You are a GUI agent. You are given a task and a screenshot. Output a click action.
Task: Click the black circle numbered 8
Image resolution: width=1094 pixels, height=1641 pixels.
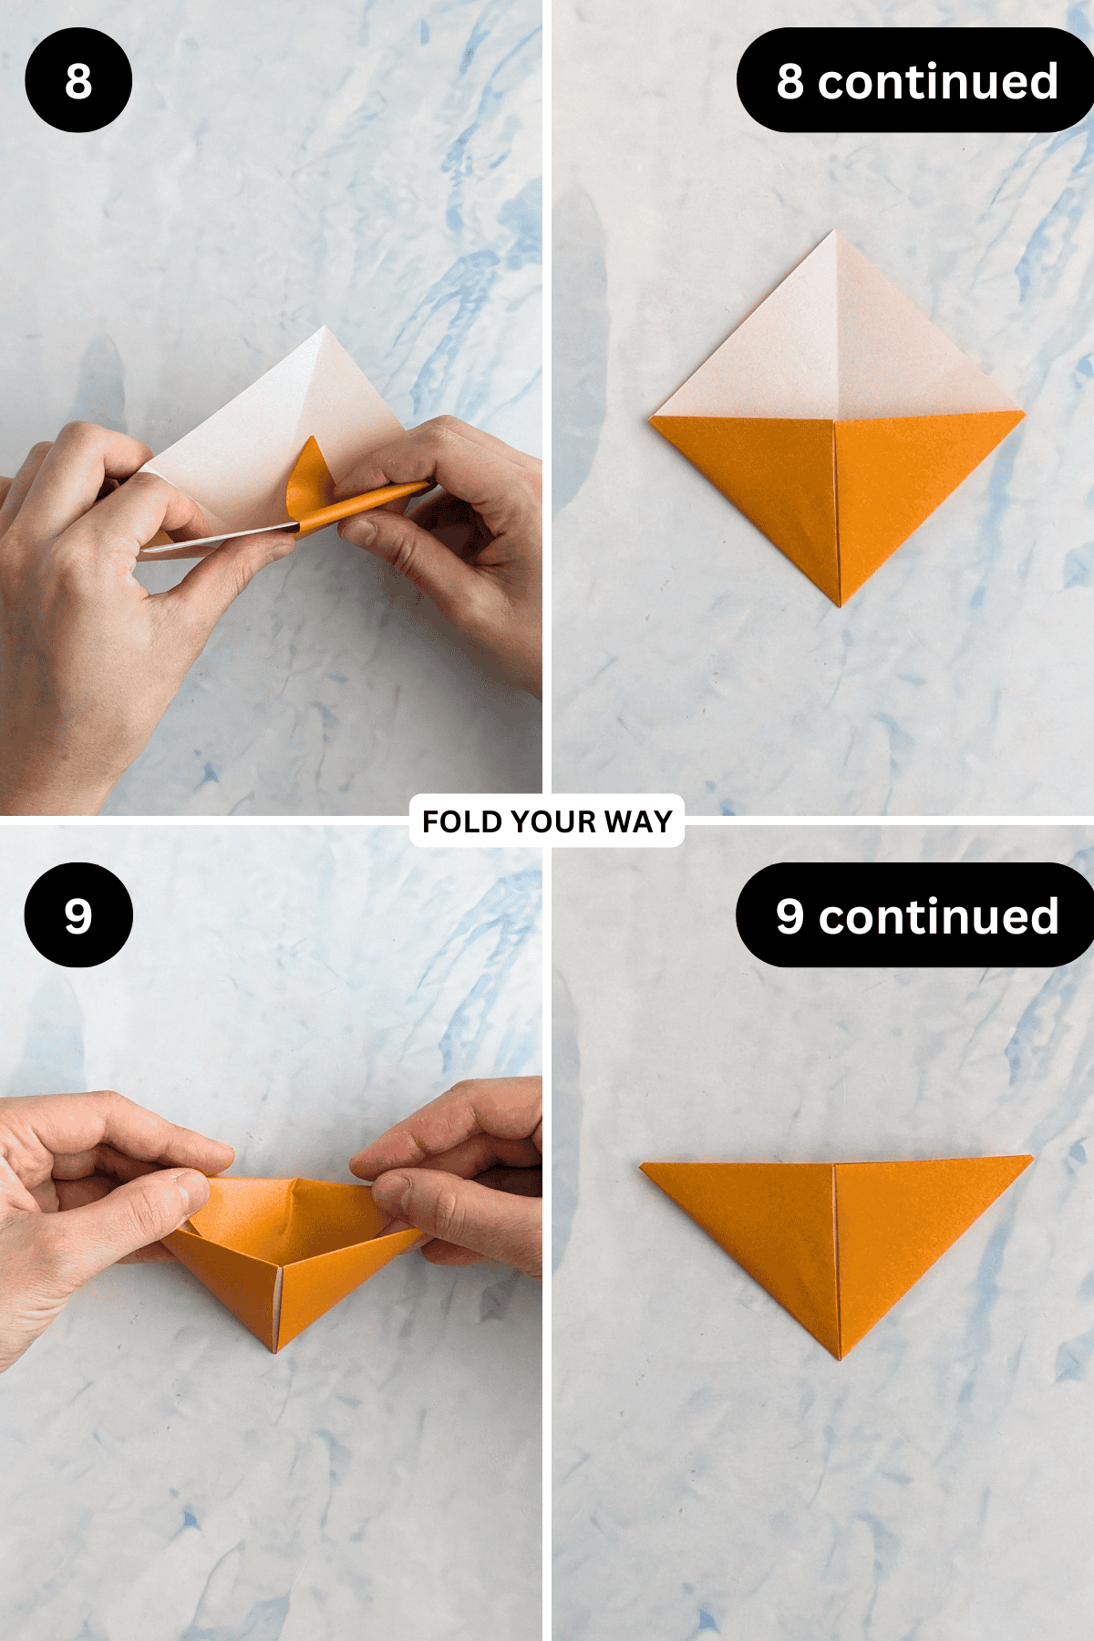pyautogui.click(x=78, y=80)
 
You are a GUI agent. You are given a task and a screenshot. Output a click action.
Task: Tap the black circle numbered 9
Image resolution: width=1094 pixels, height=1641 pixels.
pyautogui.click(x=78, y=914)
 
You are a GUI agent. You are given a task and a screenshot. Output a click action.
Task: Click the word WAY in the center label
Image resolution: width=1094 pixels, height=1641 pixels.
pyautogui.click(x=638, y=821)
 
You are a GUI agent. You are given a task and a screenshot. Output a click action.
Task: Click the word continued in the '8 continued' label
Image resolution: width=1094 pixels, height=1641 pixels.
pyautogui.click(x=938, y=82)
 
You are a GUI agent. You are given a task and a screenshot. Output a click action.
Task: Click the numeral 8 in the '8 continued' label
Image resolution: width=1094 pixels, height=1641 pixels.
pyautogui.click(x=790, y=82)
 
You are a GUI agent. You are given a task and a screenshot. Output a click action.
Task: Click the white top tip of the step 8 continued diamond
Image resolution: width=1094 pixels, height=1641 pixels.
pyautogui.click(x=833, y=232)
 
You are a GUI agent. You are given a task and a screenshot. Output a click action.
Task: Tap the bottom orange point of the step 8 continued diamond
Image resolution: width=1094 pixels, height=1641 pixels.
pyautogui.click(x=840, y=605)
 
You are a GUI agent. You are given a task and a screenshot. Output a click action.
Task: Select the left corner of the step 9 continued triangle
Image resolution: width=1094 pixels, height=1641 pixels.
pyautogui.click(x=642, y=1165)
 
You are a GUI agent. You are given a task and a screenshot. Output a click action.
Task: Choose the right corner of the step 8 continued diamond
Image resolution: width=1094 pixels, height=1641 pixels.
pyautogui.click(x=1023, y=415)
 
